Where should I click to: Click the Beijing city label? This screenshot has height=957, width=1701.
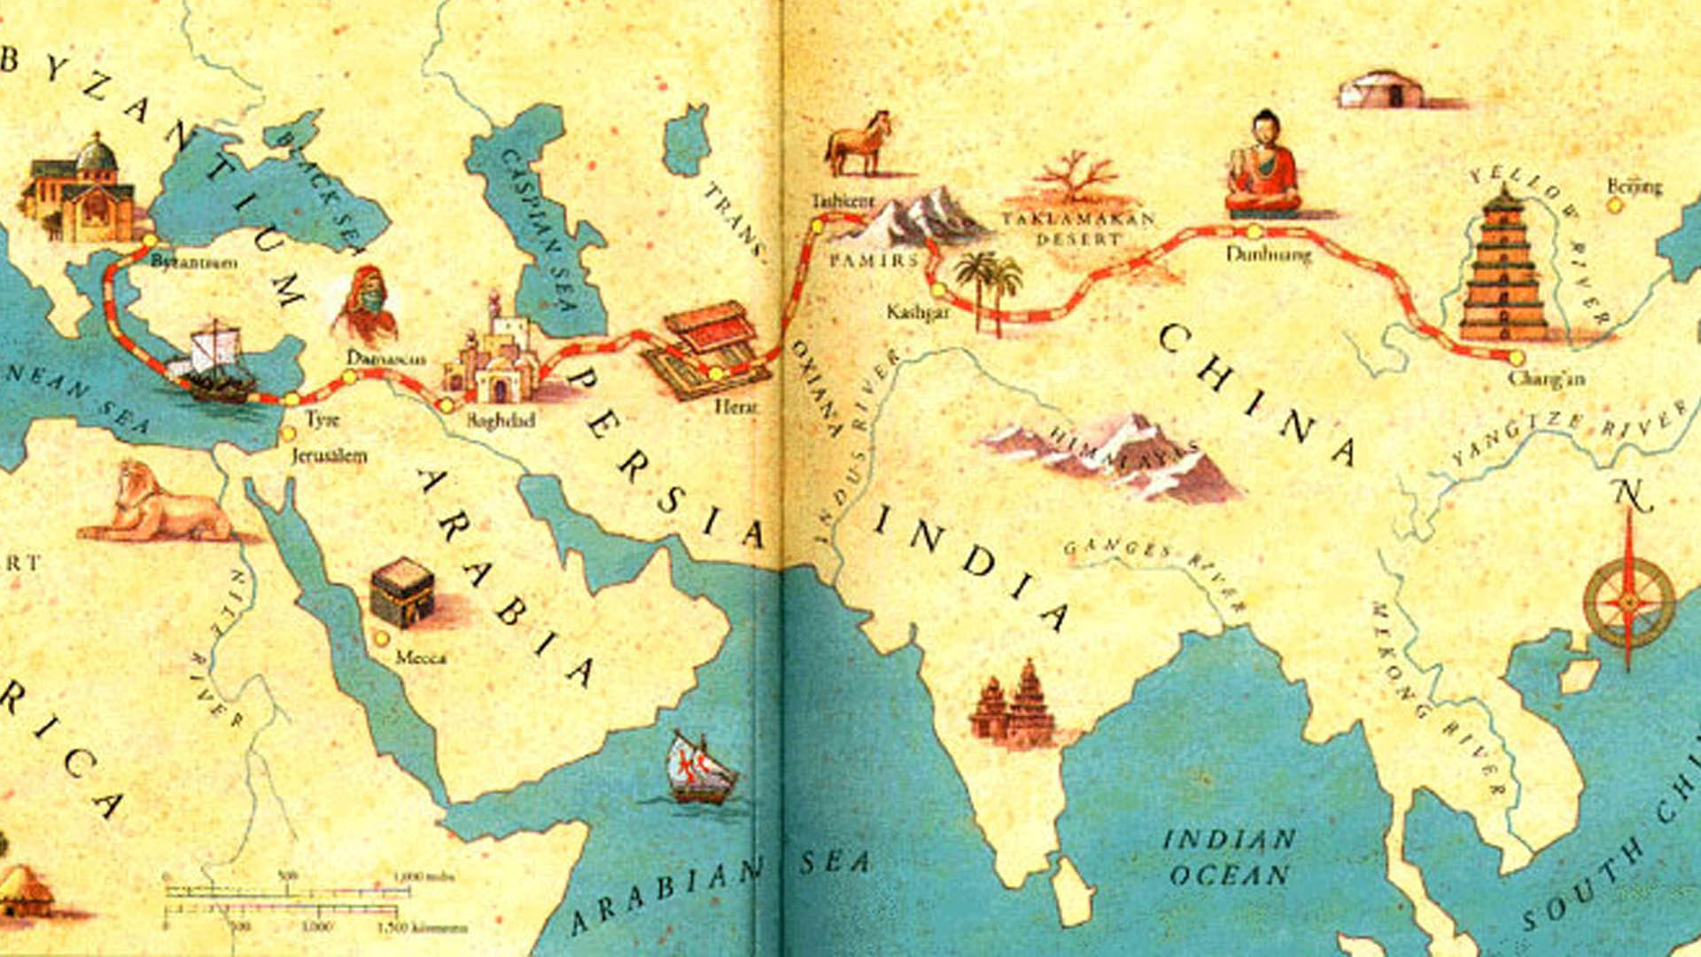1635,186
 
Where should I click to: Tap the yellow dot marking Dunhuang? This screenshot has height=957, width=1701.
1254,232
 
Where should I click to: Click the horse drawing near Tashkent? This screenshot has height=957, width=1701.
858,144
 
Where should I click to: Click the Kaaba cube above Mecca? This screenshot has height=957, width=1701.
402,592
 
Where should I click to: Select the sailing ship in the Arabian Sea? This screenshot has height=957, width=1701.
700,768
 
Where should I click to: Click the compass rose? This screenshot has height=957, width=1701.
1629,601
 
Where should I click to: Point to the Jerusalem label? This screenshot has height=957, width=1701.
329,456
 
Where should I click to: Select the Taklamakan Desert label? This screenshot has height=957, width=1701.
1078,228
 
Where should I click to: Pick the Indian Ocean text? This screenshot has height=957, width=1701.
1229,857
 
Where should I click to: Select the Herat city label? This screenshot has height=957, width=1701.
736,406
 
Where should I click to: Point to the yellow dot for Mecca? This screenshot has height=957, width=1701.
382,638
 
